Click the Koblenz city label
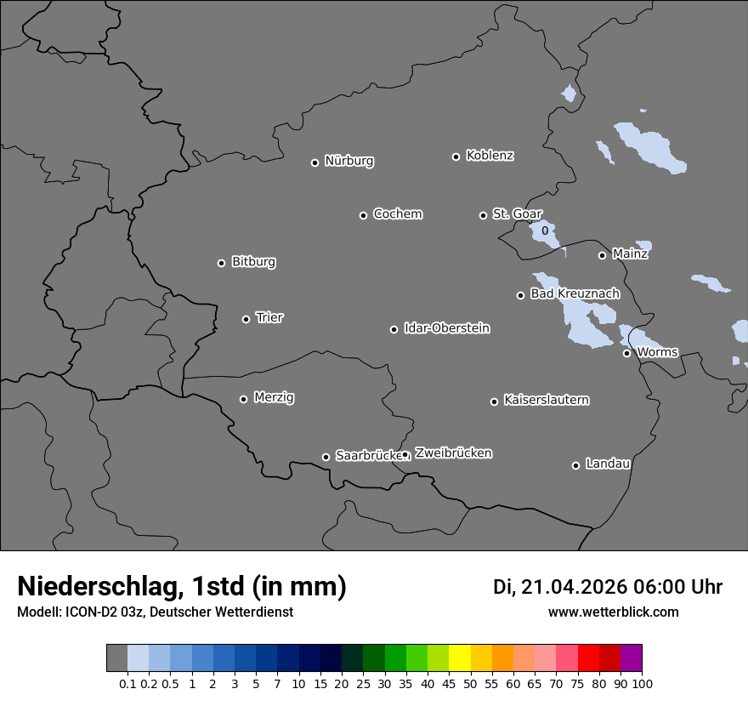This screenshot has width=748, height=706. click(x=490, y=156)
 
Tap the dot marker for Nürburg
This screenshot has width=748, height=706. click(x=314, y=162)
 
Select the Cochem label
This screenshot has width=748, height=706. click(x=398, y=214)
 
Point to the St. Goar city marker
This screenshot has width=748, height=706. click(x=483, y=215)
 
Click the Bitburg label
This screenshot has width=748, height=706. click(x=253, y=262)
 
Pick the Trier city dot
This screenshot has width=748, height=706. click(x=246, y=319)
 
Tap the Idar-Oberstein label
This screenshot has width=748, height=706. click(x=447, y=328)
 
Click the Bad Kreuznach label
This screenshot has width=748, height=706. click(x=575, y=293)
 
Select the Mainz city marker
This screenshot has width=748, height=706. click(x=602, y=255)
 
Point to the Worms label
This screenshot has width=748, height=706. click(x=657, y=352)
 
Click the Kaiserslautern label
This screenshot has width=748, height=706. click(x=547, y=400)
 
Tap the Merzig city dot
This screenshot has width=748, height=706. click(x=243, y=399)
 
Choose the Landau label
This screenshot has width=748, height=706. click(x=608, y=464)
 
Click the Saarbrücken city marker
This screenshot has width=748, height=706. click(x=326, y=457)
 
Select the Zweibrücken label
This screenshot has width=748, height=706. click(x=453, y=453)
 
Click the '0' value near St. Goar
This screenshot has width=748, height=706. click(x=545, y=231)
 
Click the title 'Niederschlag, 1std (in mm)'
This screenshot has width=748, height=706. click(x=182, y=586)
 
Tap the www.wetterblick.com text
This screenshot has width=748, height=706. click(x=613, y=612)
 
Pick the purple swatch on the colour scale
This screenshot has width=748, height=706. click(x=632, y=658)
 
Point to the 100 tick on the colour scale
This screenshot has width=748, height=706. click(x=642, y=683)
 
